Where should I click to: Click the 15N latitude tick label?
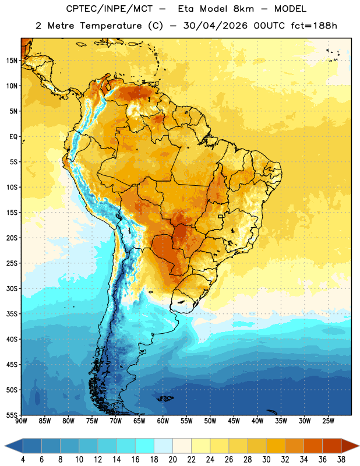(x=12, y=61)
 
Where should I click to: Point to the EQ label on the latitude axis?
(x=13, y=137)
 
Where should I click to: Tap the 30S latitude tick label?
(x=12, y=288)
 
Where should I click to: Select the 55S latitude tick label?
(x=12, y=415)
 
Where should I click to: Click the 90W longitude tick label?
(x=21, y=421)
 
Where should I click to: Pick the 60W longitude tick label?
(x=163, y=421)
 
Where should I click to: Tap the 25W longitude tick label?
(x=328, y=421)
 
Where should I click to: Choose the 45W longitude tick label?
(x=234, y=421)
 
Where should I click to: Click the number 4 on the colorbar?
(x=23, y=460)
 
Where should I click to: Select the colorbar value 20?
(x=172, y=460)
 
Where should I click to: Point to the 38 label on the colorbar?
(x=341, y=460)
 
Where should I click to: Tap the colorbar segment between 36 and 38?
(x=332, y=446)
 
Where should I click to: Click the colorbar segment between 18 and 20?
(x=164, y=446)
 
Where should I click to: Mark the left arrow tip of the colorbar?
(x=5, y=446)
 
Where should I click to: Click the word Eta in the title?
(x=186, y=9)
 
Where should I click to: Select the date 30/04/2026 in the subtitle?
(x=215, y=26)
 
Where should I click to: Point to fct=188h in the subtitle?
(x=314, y=26)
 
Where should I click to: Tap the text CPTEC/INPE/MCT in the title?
(x=110, y=9)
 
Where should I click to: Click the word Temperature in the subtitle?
(x=111, y=26)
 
